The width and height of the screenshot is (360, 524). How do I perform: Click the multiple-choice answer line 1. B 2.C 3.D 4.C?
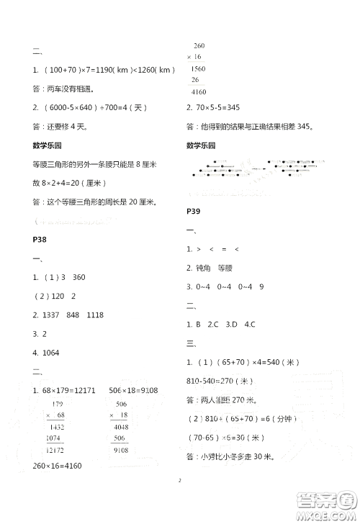pyautogui.click(x=220, y=324)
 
